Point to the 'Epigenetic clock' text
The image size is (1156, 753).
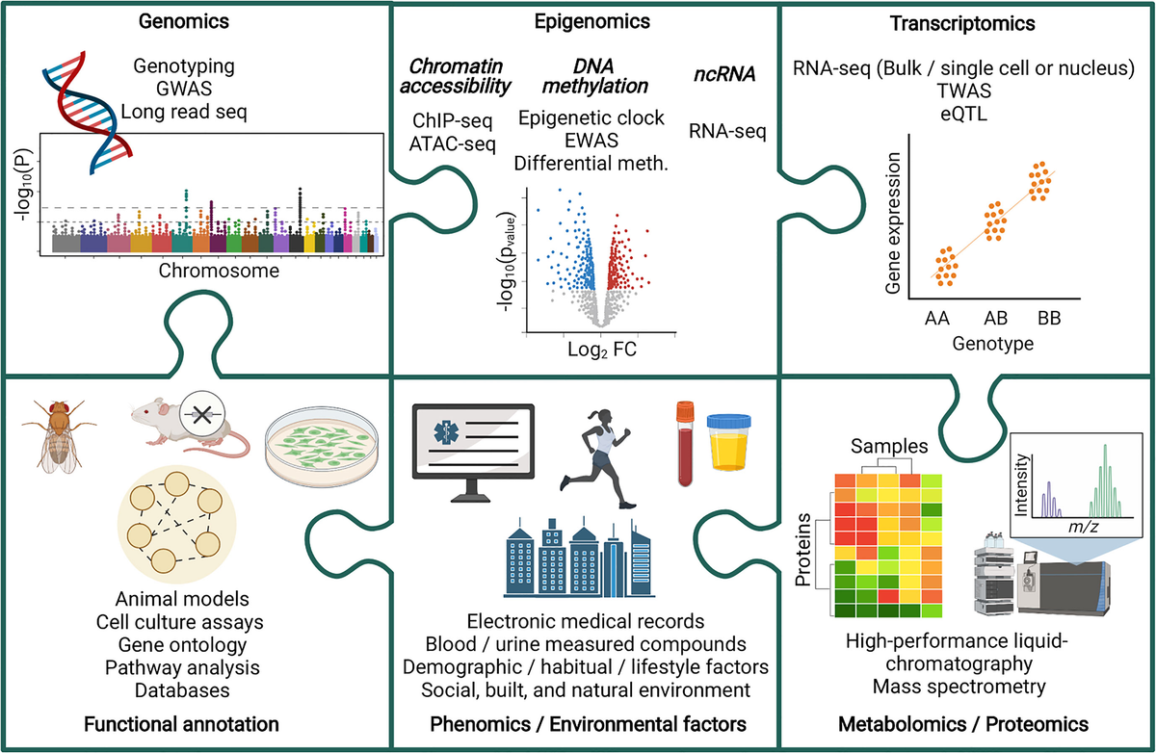(x=591, y=118)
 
